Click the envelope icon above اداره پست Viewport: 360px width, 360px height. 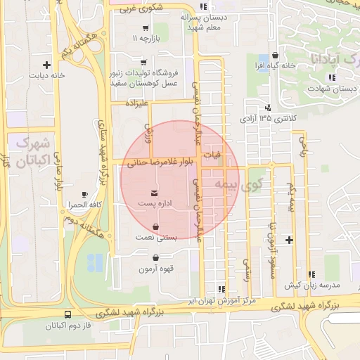tap(155, 192)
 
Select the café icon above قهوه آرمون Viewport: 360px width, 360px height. tap(155, 258)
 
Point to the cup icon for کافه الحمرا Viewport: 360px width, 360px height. tap(85, 194)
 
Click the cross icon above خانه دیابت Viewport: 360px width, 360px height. tap(47, 64)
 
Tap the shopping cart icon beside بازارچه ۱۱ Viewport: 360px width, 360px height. tap(145, 29)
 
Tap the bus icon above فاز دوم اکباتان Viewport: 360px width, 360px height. tap(67, 315)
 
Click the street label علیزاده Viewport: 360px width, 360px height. tap(138, 103)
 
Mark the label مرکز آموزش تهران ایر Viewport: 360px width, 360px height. tap(221, 300)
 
